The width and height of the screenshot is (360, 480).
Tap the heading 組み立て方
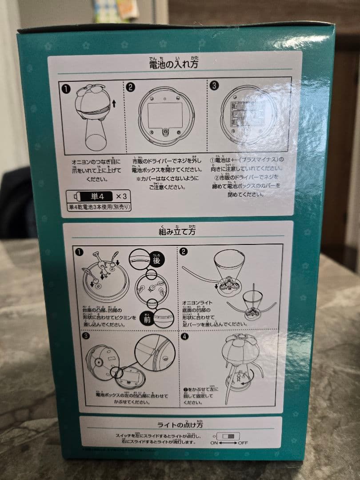(x=177, y=231)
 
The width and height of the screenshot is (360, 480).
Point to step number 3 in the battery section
(x=214, y=85)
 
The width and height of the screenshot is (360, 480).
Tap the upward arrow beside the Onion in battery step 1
(x=114, y=104)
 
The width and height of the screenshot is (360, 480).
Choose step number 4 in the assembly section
(x=184, y=336)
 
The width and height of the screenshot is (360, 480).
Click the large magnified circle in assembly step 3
(x=155, y=356)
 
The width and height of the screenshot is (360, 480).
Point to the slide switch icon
(x=230, y=436)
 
